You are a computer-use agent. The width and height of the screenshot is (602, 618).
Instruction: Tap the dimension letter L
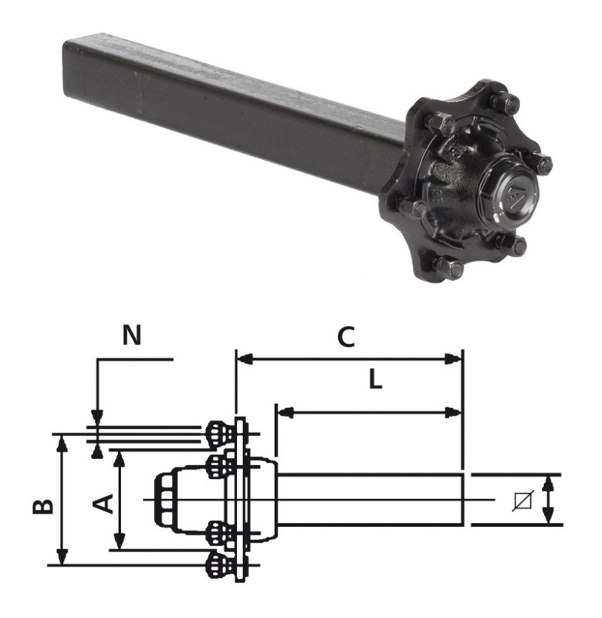[x=374, y=381]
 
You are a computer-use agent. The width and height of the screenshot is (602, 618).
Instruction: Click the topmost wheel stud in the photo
[x=506, y=102]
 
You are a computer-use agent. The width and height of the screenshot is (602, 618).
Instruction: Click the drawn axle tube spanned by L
[x=370, y=501]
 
